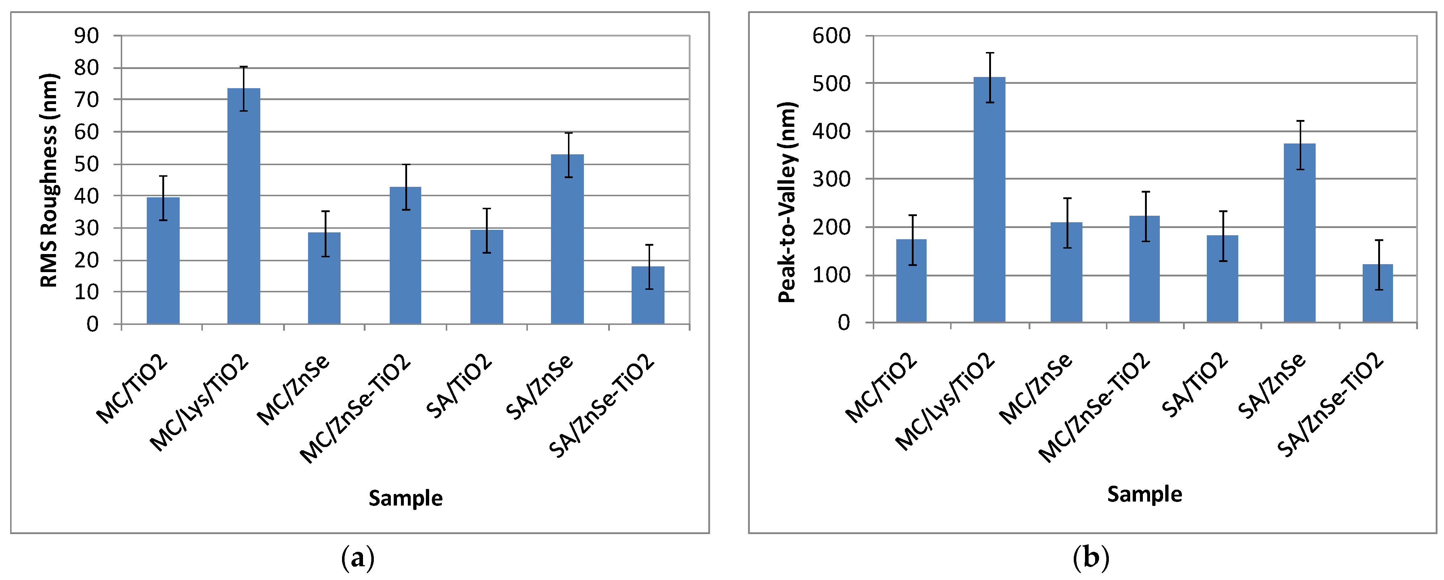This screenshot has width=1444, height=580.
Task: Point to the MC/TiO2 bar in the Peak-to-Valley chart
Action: coord(911,280)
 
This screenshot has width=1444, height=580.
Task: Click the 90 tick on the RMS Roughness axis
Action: coord(86,36)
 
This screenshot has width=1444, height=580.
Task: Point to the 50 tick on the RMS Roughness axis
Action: coord(86,164)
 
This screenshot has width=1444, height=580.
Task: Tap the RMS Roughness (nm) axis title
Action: coord(49,180)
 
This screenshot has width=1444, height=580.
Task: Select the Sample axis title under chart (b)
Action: coord(1144,494)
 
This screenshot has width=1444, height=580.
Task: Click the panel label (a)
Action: coord(358,558)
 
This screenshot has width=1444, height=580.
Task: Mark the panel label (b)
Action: coord(1091,558)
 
